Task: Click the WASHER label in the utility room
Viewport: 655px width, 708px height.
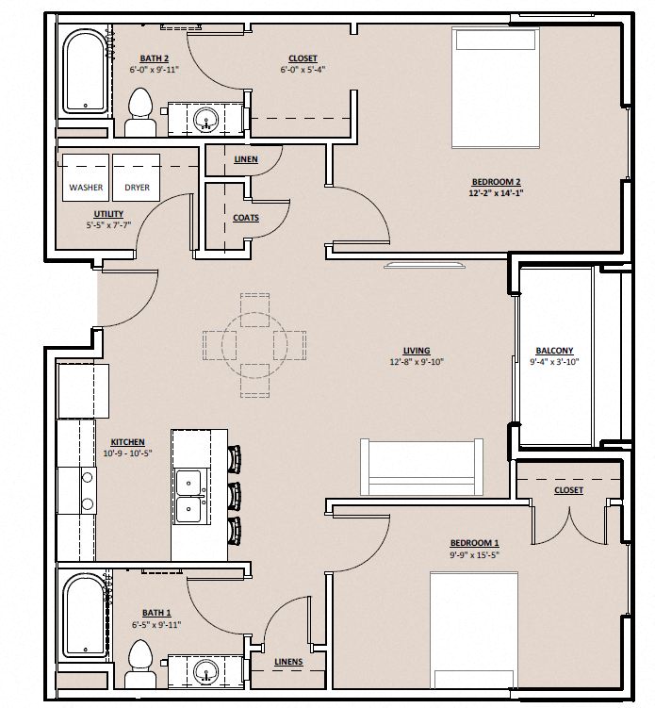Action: tap(86, 188)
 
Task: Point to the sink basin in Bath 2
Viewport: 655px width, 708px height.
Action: tap(207, 120)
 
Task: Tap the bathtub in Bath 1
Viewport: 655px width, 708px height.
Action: tap(82, 619)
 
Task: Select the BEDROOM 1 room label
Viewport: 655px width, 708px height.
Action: tap(474, 543)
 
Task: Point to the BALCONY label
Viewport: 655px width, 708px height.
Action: tap(554, 351)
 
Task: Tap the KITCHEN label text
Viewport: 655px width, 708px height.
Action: tap(127, 442)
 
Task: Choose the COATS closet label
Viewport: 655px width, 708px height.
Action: tap(246, 218)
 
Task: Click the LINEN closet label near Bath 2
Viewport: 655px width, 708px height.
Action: tap(245, 159)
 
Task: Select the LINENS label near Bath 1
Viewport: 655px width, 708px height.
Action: tap(288, 662)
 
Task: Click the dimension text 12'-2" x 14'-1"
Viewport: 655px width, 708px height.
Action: tap(497, 193)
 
